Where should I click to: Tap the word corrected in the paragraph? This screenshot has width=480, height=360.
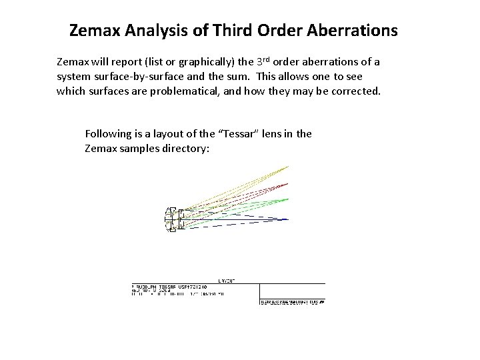tap(354, 90)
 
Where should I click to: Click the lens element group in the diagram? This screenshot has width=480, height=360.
tap(173, 219)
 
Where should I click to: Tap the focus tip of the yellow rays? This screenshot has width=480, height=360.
tap(289, 165)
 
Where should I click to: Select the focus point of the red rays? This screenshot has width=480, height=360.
tap(289, 182)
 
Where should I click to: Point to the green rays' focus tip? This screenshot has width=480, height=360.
tap(289, 199)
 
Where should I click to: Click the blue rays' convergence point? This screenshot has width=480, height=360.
tap(289, 219)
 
